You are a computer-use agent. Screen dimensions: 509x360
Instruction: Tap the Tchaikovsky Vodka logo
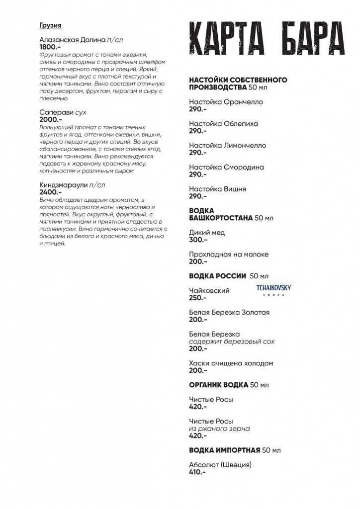click(273, 290)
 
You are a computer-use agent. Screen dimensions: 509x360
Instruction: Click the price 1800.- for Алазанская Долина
click(50, 47)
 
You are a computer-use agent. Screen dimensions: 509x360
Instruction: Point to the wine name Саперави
click(53, 113)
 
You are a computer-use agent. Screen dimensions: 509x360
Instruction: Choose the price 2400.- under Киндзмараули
click(50, 192)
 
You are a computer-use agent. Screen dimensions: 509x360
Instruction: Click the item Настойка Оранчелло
click(226, 102)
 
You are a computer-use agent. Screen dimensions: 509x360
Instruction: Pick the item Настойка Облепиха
click(224, 124)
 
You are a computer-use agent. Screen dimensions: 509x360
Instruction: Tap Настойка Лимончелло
click(228, 146)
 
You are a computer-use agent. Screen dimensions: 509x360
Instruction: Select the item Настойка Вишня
click(218, 189)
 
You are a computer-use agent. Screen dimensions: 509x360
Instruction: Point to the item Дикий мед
click(207, 233)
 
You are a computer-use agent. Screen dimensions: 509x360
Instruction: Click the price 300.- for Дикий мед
click(198, 240)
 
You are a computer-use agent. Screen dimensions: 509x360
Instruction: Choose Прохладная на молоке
click(229, 254)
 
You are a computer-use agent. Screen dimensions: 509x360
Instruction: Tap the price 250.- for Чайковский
click(198, 298)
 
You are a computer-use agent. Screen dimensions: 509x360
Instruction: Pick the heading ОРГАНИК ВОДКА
click(219, 385)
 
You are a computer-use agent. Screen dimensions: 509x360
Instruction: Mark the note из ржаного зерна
click(219, 428)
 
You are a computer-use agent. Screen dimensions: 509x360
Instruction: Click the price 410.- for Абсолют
click(197, 472)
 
